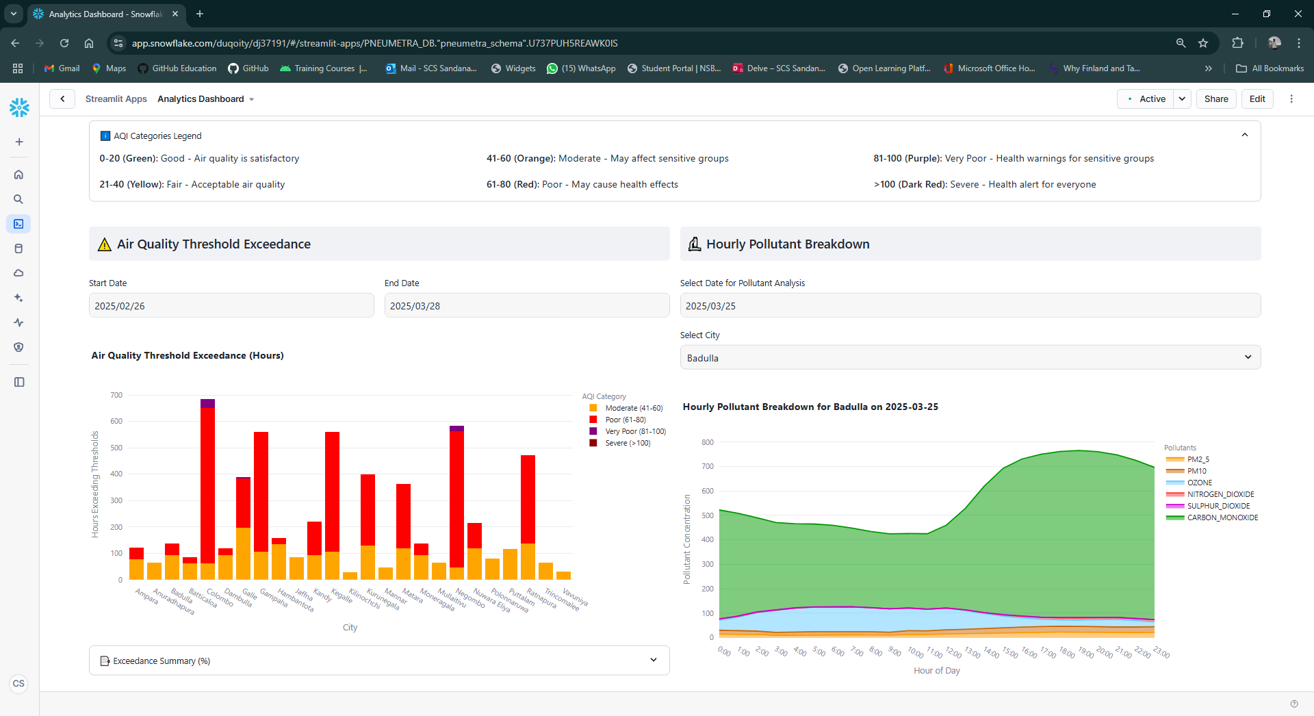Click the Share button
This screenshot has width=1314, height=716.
click(x=1215, y=99)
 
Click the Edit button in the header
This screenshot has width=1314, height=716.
click(x=1257, y=99)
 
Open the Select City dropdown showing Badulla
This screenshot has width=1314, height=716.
click(x=970, y=357)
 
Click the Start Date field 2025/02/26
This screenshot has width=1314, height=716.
click(x=231, y=305)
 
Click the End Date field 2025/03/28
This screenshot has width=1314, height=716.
click(x=526, y=305)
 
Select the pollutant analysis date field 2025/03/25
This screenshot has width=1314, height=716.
click(x=970, y=305)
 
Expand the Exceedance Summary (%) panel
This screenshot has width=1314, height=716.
click(x=378, y=661)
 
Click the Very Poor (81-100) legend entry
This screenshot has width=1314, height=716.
click(x=634, y=431)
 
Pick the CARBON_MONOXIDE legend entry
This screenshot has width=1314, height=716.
click(x=1222, y=517)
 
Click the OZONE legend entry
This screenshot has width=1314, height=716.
click(x=1199, y=483)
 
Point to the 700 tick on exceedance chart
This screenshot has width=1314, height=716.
click(x=116, y=395)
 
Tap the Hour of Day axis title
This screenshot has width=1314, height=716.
click(x=936, y=671)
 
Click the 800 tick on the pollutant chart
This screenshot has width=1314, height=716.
click(x=707, y=442)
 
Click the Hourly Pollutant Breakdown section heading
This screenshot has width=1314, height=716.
click(x=787, y=244)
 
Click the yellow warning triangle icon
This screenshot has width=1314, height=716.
click(x=104, y=244)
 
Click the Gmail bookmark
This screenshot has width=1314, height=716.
click(x=62, y=68)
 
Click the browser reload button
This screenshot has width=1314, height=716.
click(x=64, y=43)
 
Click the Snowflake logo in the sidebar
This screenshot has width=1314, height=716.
click(x=19, y=107)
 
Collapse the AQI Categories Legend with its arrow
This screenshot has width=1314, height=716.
click(x=1244, y=135)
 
